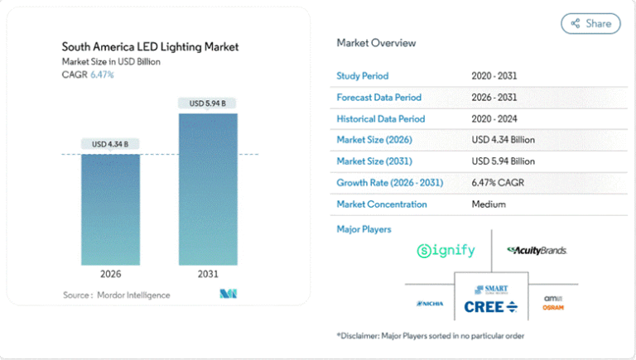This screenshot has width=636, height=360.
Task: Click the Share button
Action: click(x=590, y=23)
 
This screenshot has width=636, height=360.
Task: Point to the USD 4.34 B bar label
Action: click(x=110, y=144)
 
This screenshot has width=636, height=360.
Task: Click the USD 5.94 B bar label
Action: click(x=208, y=103)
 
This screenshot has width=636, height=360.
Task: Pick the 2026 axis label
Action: click(x=110, y=274)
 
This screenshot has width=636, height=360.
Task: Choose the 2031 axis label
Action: click(x=208, y=274)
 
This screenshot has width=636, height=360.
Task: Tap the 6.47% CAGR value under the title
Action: click(x=102, y=74)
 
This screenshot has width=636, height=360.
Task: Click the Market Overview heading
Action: click(x=376, y=43)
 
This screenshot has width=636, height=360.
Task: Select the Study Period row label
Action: click(x=362, y=76)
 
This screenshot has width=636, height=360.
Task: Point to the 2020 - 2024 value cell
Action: click(x=494, y=118)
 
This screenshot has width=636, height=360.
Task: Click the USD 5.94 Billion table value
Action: click(x=503, y=161)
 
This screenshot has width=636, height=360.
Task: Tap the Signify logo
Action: click(x=447, y=250)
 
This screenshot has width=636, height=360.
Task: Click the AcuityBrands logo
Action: click(x=537, y=250)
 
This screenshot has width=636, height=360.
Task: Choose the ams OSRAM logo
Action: click(x=553, y=303)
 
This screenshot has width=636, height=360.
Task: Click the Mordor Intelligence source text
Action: click(x=117, y=295)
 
